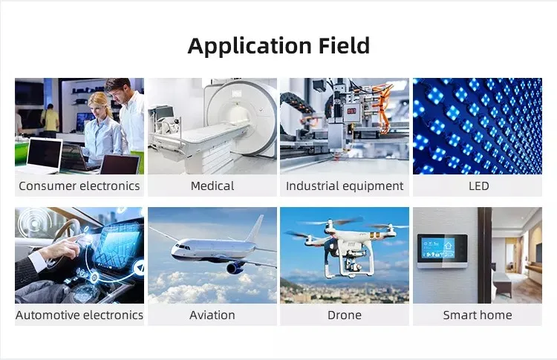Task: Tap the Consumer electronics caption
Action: tap(79, 186)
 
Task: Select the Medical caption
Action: tap(212, 186)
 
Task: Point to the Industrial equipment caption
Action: tap(345, 186)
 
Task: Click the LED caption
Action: tap(478, 186)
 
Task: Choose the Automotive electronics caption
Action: tap(79, 315)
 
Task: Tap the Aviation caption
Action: tap(212, 315)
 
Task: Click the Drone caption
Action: tap(345, 315)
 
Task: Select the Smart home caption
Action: tap(478, 315)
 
